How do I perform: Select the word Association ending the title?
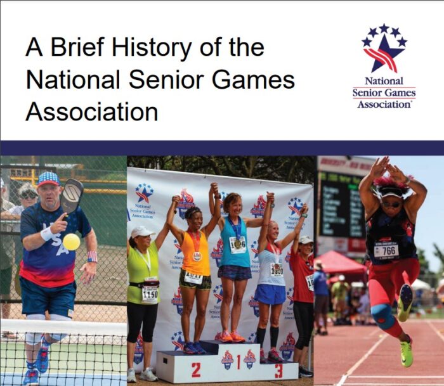point(91,112)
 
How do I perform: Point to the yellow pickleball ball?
point(72,241)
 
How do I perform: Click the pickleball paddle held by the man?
point(72,196)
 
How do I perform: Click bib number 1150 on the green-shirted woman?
point(150,294)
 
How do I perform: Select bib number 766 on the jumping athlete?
point(386,251)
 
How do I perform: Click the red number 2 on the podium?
point(197,370)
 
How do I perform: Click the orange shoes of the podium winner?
point(232,337)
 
